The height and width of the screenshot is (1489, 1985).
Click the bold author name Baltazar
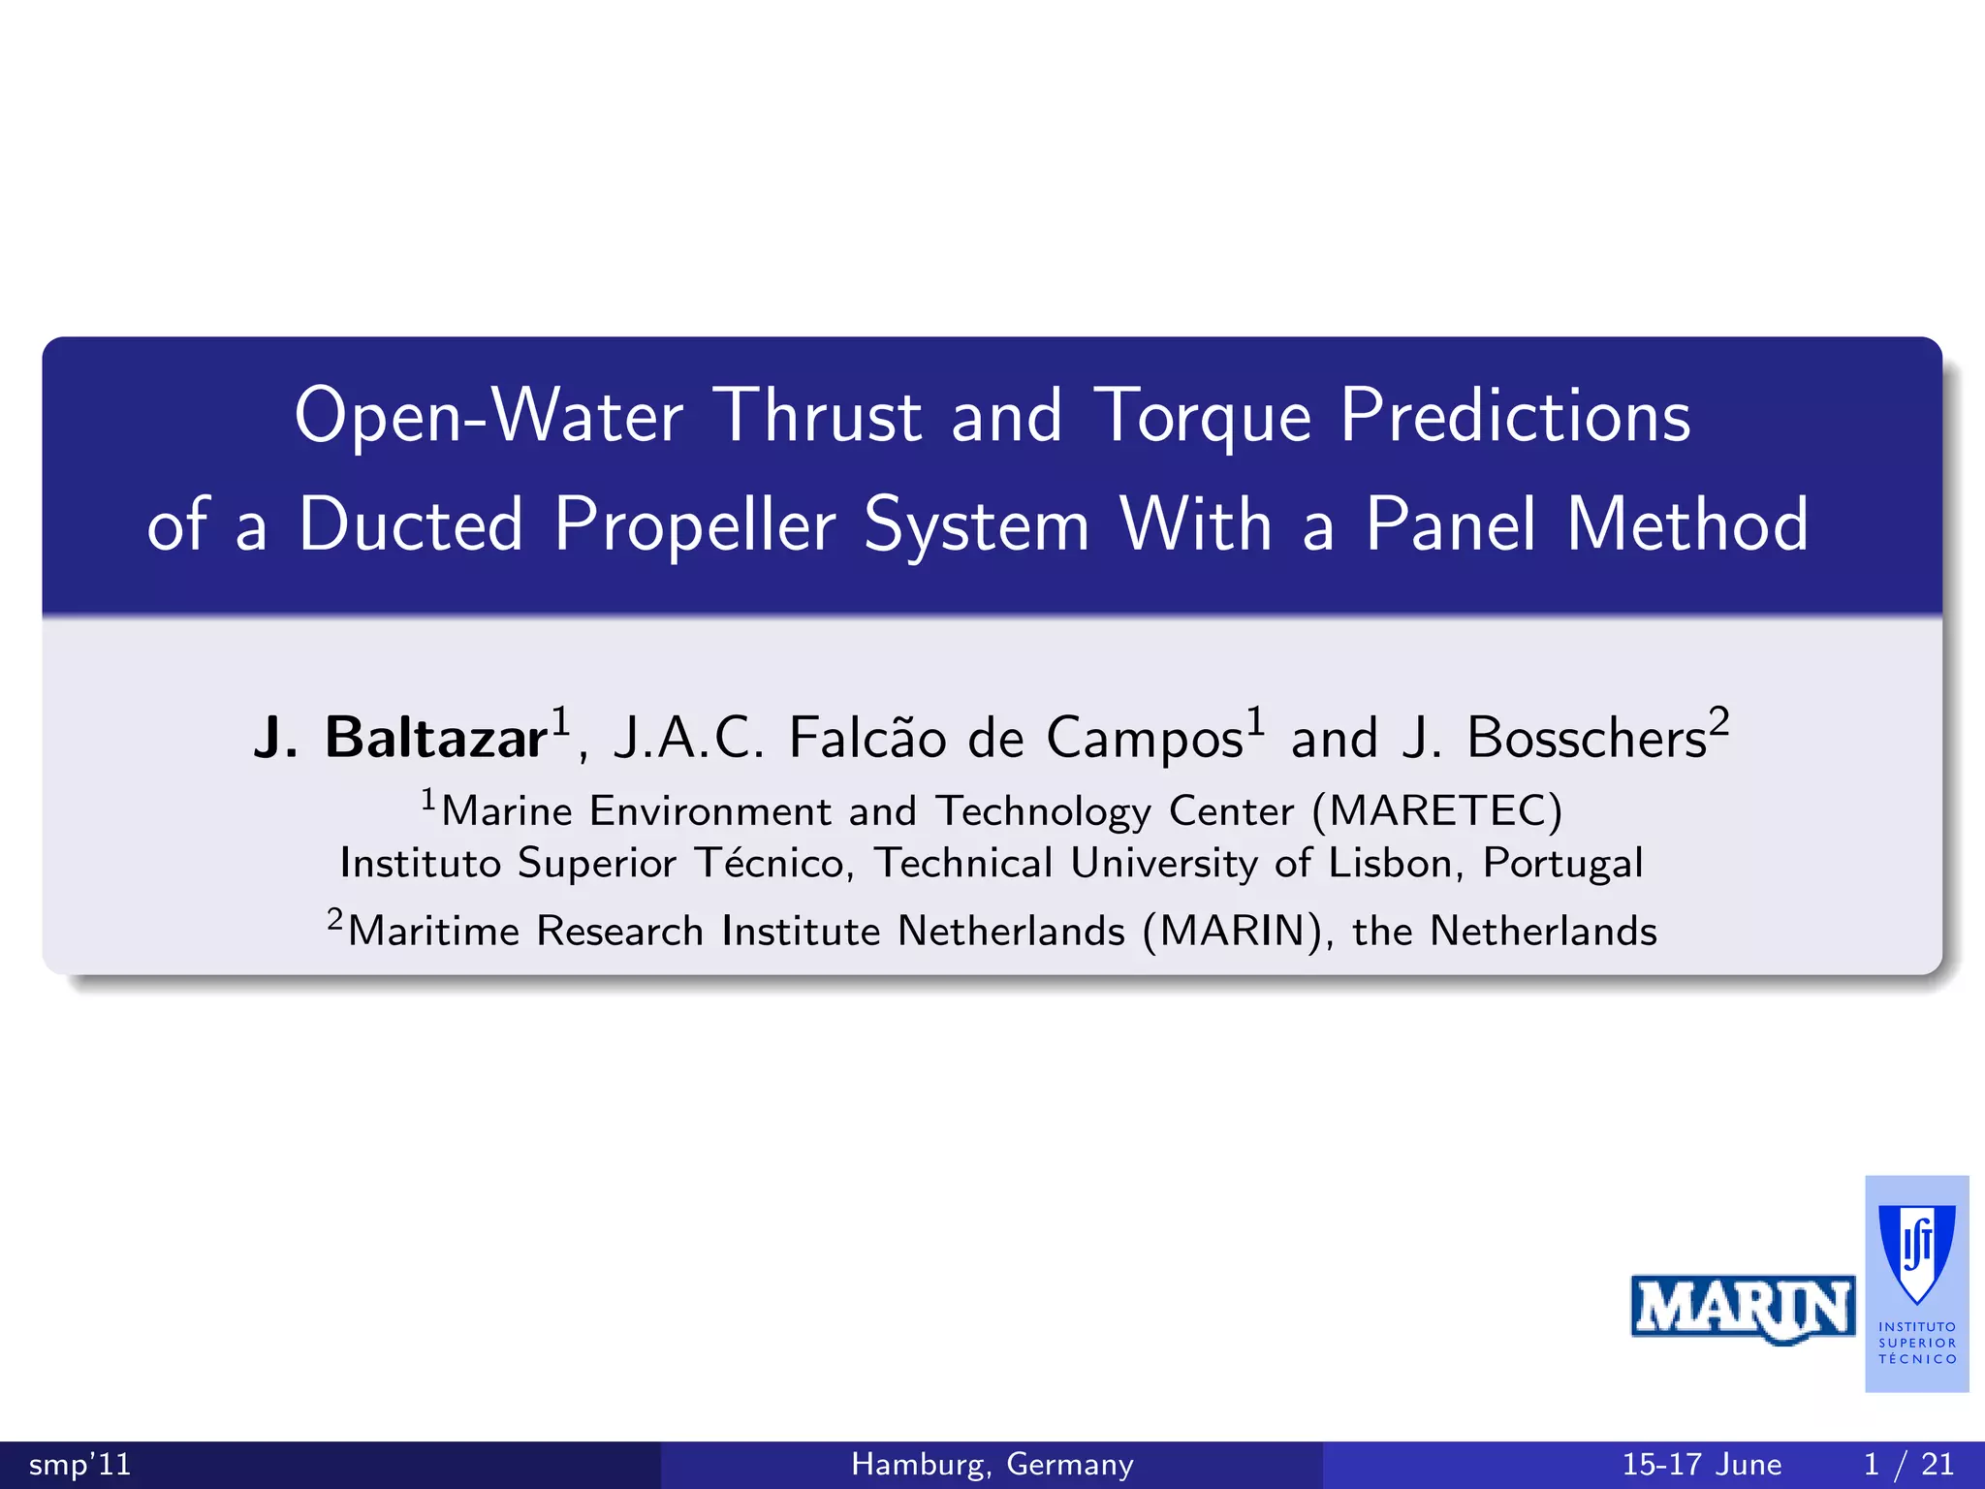435,738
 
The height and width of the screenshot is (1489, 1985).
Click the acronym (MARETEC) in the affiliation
1436,811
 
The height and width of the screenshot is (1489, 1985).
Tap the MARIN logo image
1742,1309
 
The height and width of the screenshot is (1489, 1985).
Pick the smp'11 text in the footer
79,1464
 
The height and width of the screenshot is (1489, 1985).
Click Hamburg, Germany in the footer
992,1464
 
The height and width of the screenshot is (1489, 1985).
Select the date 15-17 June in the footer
1701,1464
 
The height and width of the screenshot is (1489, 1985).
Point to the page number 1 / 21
1907,1464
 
